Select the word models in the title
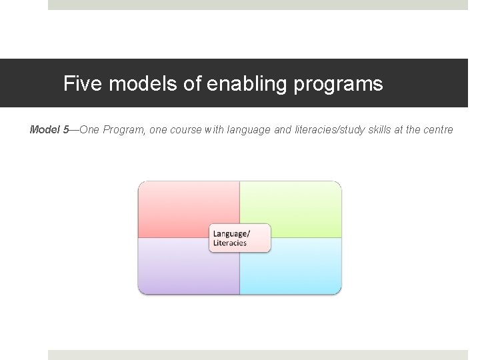pyautogui.click(x=134, y=84)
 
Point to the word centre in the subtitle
pyautogui.click(x=438, y=129)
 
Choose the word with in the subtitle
pyautogui.click(x=214, y=129)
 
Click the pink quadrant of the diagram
pyautogui.click(x=180, y=207)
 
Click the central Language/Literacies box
pyautogui.click(x=240, y=238)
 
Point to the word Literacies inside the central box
pyautogui.click(x=230, y=243)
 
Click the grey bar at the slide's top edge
pyautogui.click(x=258, y=5)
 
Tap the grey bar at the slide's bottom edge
pyautogui.click(x=258, y=355)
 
